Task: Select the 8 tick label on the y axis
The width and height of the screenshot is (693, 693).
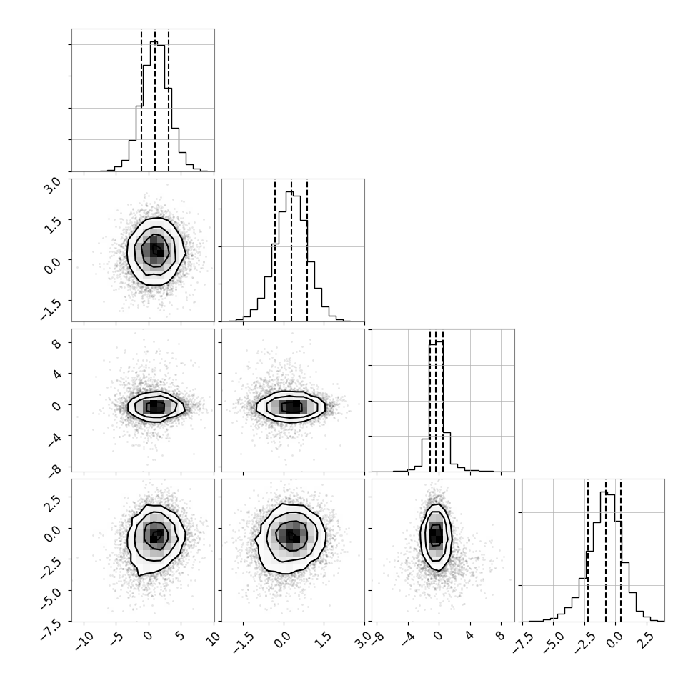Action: click(x=56, y=344)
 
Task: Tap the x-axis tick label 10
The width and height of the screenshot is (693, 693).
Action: click(x=213, y=639)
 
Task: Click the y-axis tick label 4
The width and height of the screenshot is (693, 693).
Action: click(x=56, y=374)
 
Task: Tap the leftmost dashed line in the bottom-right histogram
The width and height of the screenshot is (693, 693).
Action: click(x=588, y=551)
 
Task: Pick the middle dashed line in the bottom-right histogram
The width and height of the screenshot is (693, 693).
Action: click(x=606, y=551)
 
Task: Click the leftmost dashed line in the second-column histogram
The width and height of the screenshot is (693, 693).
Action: click(x=275, y=251)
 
